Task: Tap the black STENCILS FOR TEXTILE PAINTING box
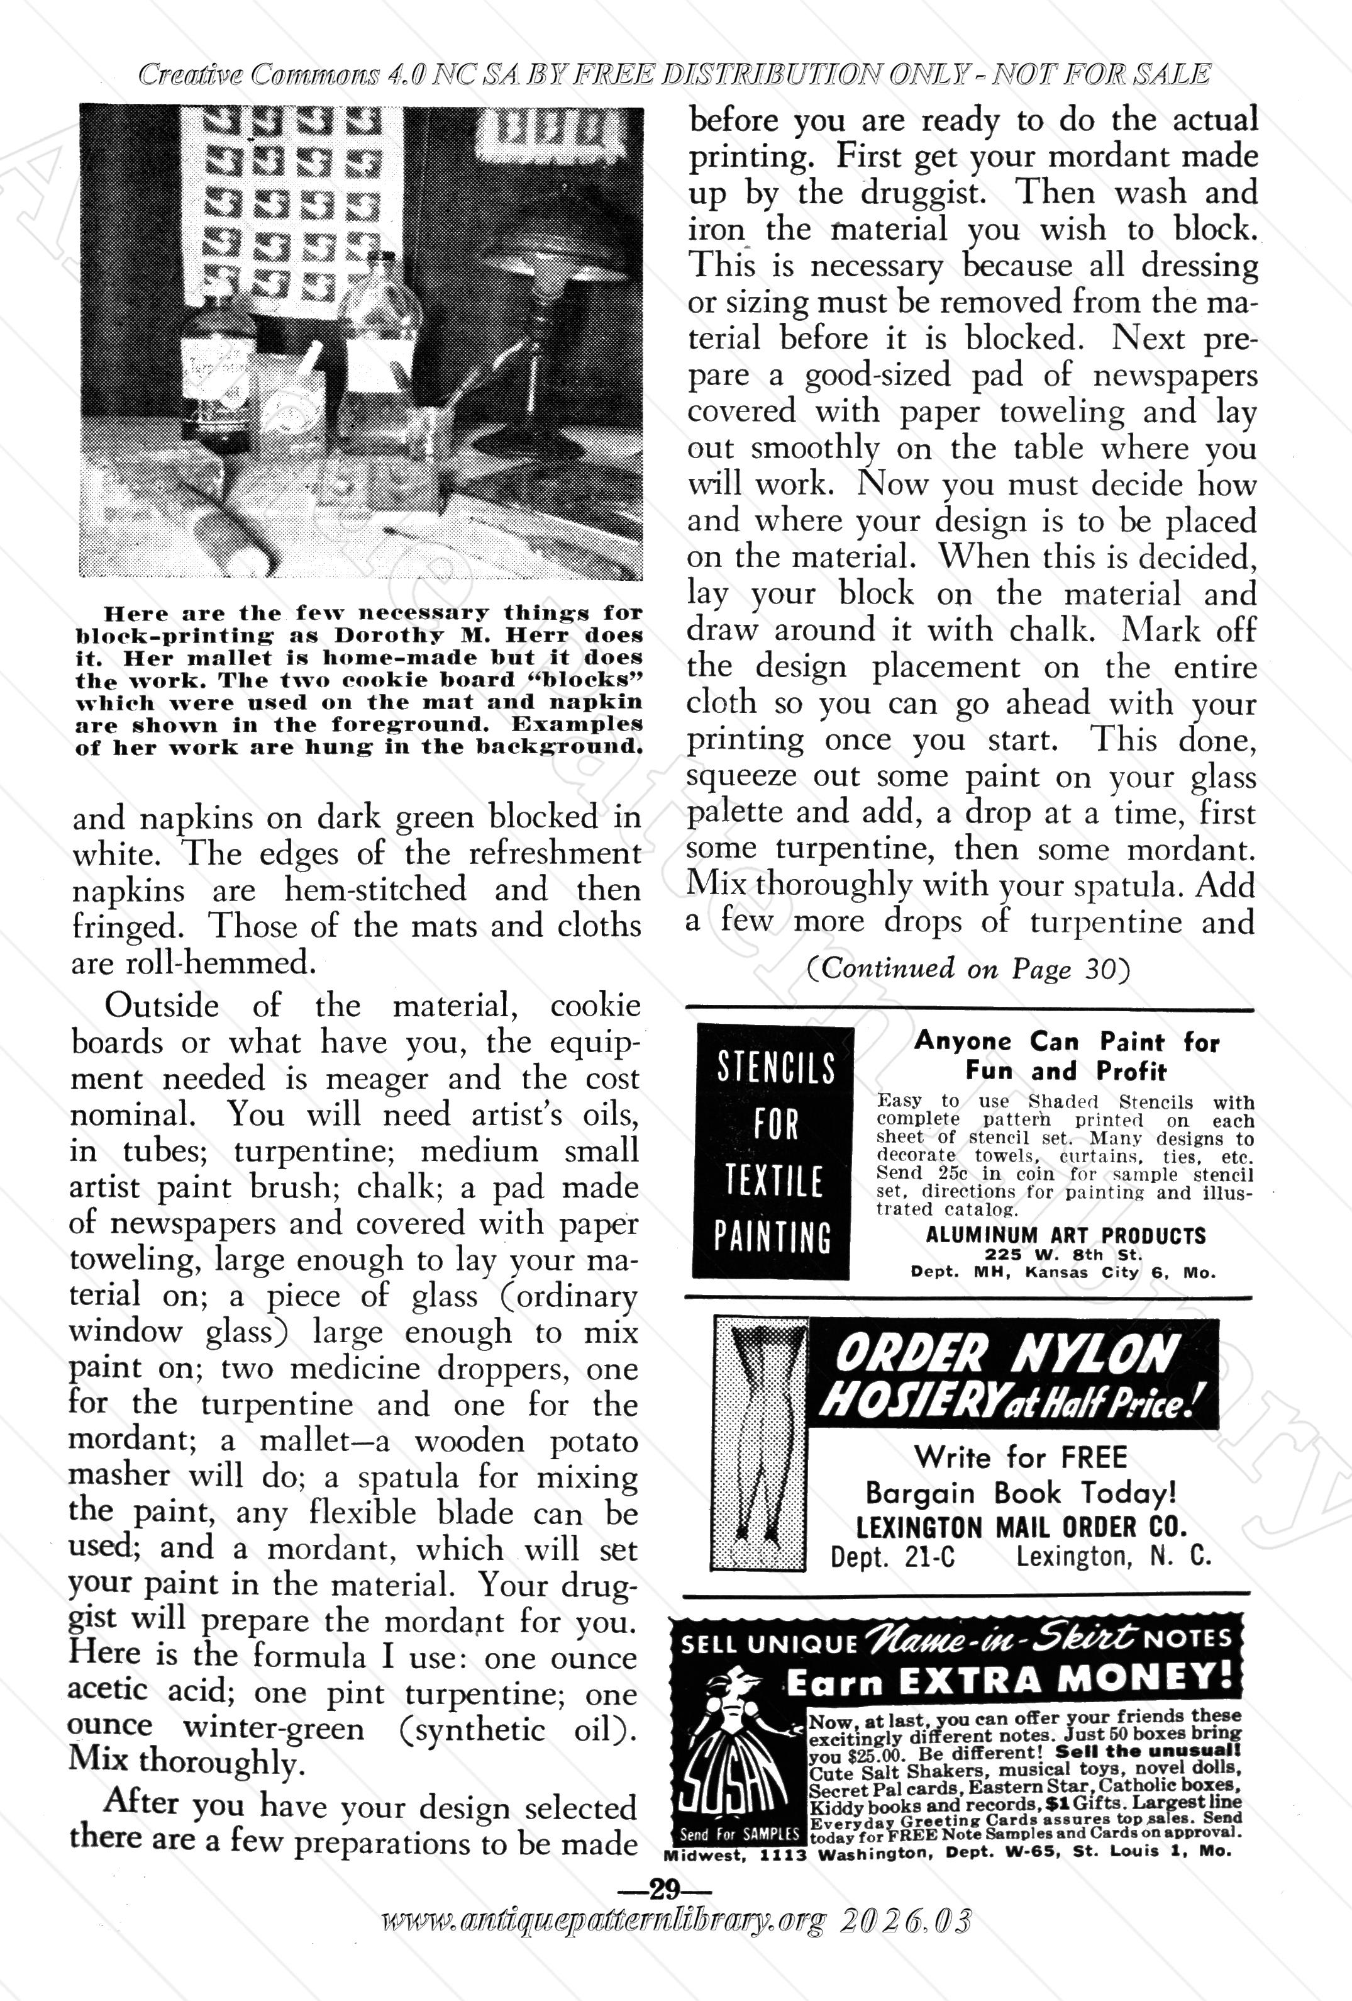[x=773, y=1151]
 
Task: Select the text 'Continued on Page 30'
[x=967, y=968]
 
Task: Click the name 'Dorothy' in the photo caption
[x=375, y=636]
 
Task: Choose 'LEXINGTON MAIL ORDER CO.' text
[x=1021, y=1527]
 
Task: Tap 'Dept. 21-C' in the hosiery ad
[x=892, y=1557]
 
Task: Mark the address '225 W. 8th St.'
[x=1064, y=1255]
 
